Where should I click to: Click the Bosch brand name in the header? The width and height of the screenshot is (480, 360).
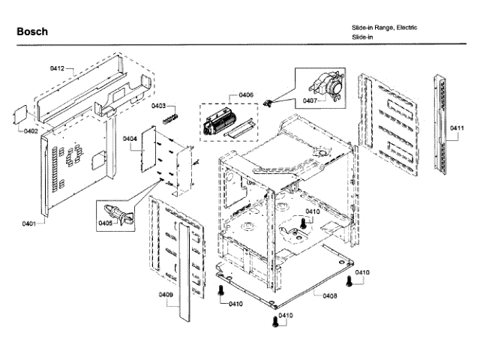[x=32, y=31]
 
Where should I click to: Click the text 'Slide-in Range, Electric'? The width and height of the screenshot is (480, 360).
[x=385, y=28]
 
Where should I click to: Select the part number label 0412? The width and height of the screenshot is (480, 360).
[x=58, y=68]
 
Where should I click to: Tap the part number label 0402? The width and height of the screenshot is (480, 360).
[x=30, y=132]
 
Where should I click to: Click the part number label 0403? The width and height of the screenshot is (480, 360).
[x=159, y=106]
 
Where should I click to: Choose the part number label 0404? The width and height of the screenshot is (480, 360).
[x=130, y=139]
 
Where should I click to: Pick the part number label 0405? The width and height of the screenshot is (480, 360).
[x=105, y=223]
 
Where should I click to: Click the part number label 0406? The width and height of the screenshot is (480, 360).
[x=246, y=95]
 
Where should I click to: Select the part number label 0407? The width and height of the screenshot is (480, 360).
[x=310, y=100]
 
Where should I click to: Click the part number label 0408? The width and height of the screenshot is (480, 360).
[x=330, y=295]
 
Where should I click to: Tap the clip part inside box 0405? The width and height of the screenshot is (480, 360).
[x=119, y=212]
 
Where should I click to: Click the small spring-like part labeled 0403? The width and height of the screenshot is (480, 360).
[x=171, y=118]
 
